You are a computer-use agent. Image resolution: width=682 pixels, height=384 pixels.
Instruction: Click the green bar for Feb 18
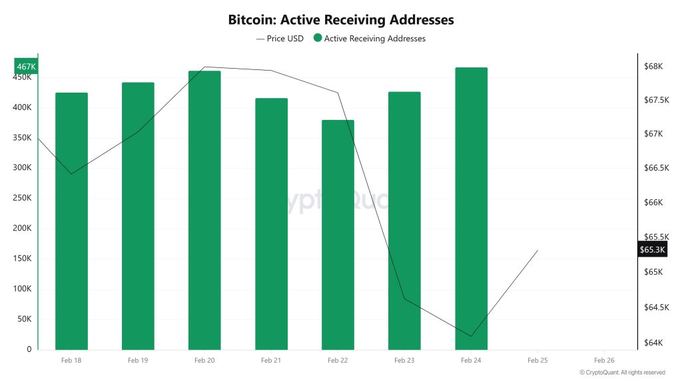(x=71, y=221)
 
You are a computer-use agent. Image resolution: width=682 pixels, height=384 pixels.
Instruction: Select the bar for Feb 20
(x=204, y=210)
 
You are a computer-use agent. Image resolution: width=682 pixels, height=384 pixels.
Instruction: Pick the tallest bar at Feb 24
(x=471, y=208)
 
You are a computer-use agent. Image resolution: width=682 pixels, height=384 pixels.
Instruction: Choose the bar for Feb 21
(x=271, y=223)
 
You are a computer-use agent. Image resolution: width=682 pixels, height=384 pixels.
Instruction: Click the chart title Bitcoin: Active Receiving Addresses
(x=341, y=19)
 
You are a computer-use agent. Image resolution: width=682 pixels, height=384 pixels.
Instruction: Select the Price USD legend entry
(x=280, y=39)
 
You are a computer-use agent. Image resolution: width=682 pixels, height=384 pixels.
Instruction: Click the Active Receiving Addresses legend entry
(x=370, y=39)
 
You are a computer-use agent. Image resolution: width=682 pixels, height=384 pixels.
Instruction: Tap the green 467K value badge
(x=27, y=67)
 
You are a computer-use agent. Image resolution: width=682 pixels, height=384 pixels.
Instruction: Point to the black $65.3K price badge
(x=653, y=249)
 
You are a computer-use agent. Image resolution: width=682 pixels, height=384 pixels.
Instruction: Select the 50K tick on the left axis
(x=23, y=319)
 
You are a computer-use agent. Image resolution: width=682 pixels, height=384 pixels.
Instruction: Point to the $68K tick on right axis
(x=653, y=66)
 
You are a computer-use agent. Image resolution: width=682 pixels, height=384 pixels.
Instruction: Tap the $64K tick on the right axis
(x=653, y=343)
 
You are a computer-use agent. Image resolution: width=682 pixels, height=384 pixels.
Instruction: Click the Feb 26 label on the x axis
(x=604, y=360)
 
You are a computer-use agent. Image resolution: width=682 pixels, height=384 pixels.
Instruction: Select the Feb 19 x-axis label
(x=138, y=360)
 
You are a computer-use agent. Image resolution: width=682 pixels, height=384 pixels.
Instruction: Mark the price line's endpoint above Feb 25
(x=537, y=250)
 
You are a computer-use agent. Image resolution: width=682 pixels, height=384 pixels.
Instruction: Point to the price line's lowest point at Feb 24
(x=471, y=336)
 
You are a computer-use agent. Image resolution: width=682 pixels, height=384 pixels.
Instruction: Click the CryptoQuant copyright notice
(x=622, y=373)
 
